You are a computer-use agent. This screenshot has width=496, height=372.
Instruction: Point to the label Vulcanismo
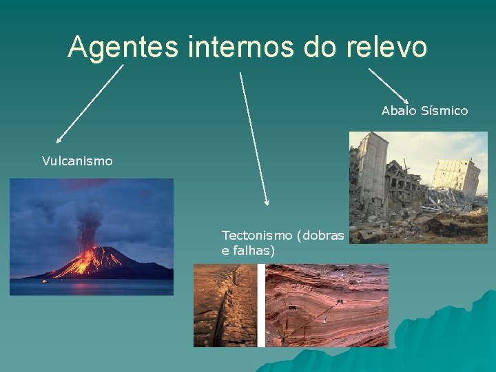pyautogui.click(x=77, y=161)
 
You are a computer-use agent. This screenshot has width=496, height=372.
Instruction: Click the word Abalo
pyautogui.click(x=398, y=110)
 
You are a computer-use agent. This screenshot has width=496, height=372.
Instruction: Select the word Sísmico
pyautogui.click(x=444, y=110)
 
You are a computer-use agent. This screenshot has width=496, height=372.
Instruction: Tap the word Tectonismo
pyautogui.click(x=257, y=236)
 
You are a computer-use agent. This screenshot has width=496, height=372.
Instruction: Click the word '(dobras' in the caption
pyautogui.click(x=320, y=236)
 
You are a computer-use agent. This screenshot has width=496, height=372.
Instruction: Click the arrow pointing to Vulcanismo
pyautogui.click(x=90, y=103)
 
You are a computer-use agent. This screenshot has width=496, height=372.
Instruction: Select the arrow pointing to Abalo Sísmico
pyautogui.click(x=389, y=86)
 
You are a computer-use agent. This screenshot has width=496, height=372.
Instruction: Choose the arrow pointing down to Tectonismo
pyautogui.click(x=254, y=138)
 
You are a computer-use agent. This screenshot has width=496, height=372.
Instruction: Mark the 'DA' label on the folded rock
pyautogui.click(x=293, y=308)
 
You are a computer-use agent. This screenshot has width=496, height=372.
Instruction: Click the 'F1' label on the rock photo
pyautogui.click(x=340, y=302)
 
